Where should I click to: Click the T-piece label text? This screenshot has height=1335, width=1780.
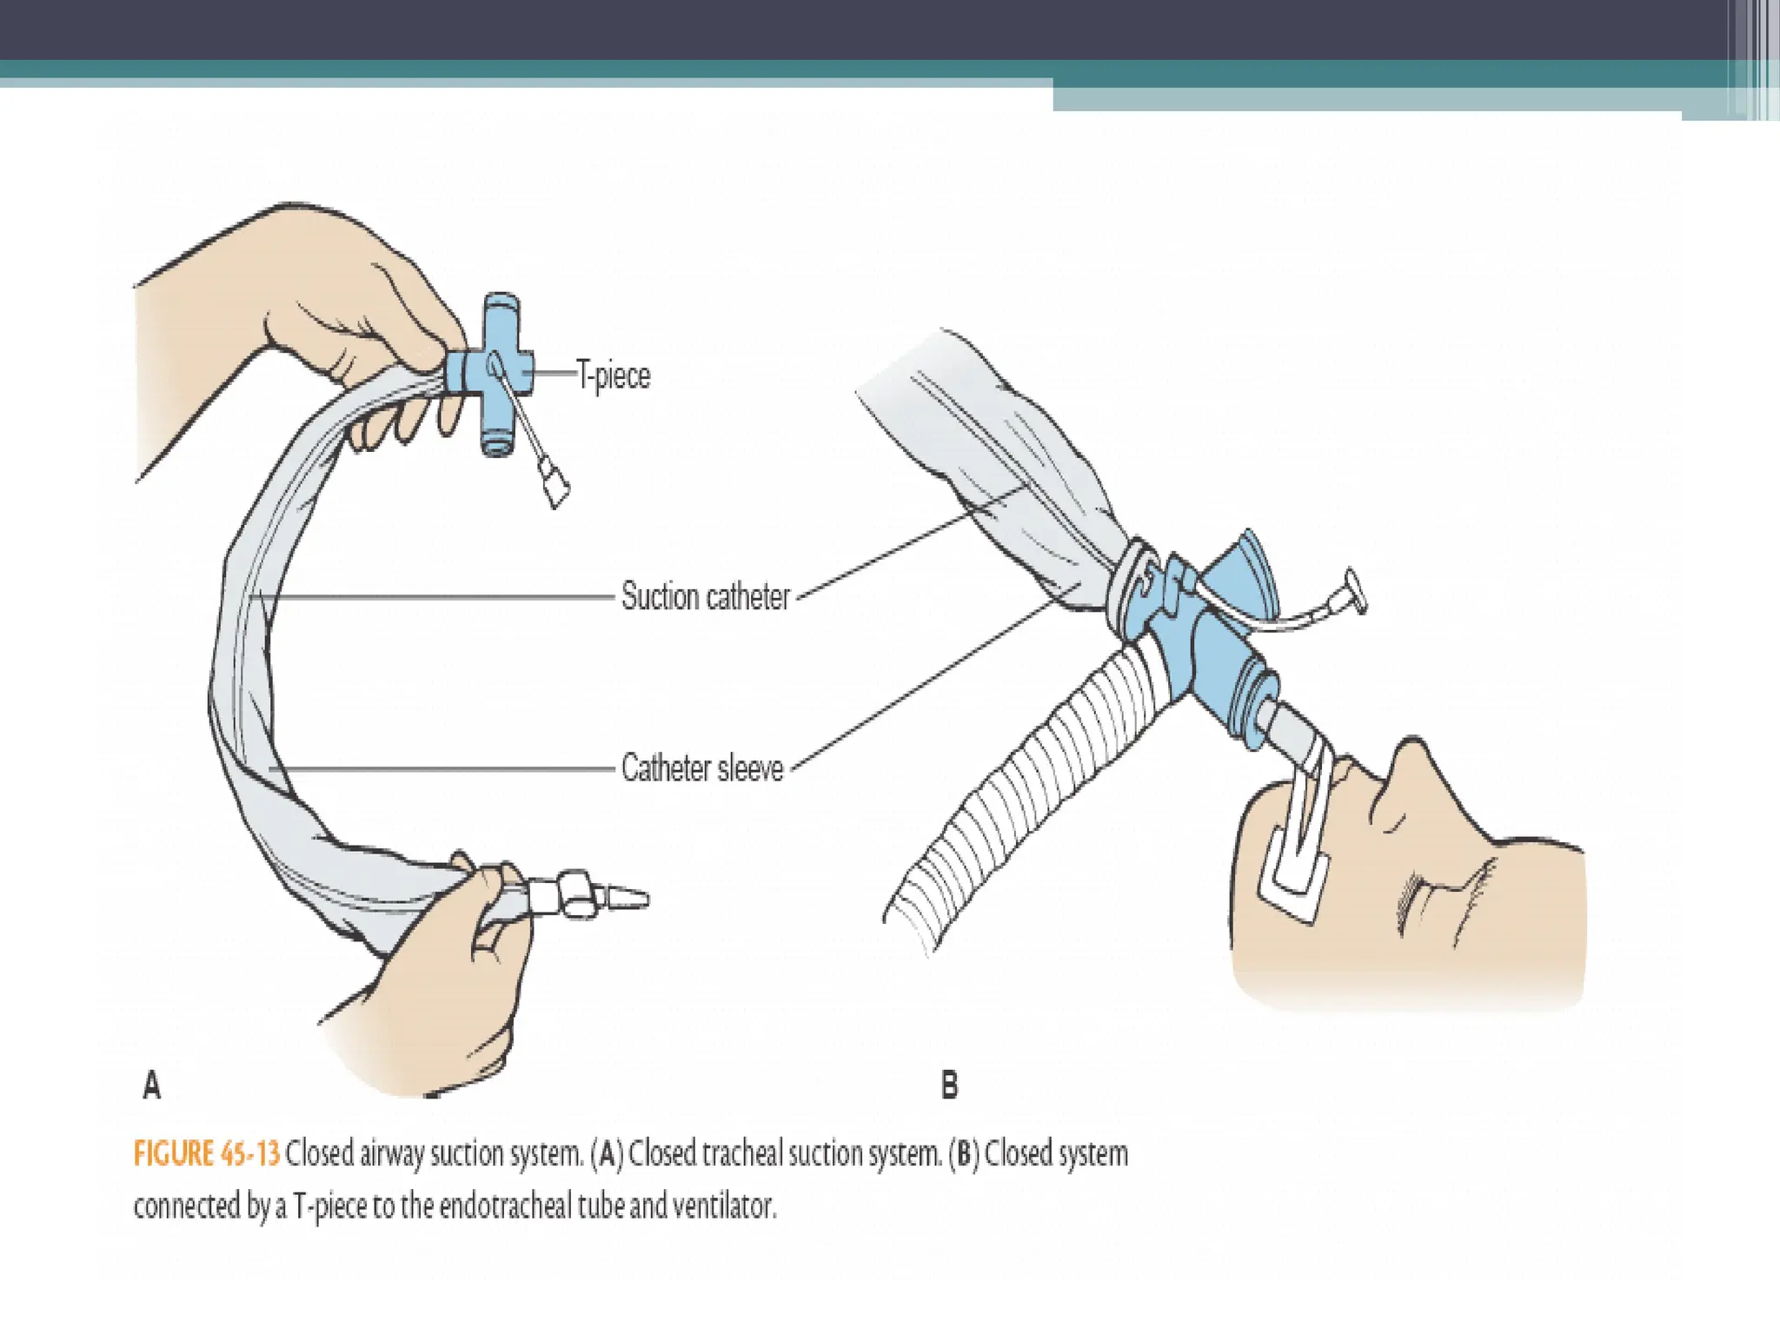614,375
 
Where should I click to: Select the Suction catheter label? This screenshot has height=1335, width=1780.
705,597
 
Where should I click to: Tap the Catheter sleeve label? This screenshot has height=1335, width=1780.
702,768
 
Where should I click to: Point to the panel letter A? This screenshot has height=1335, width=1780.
152,1085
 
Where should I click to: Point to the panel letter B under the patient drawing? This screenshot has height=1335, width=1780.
949,1085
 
